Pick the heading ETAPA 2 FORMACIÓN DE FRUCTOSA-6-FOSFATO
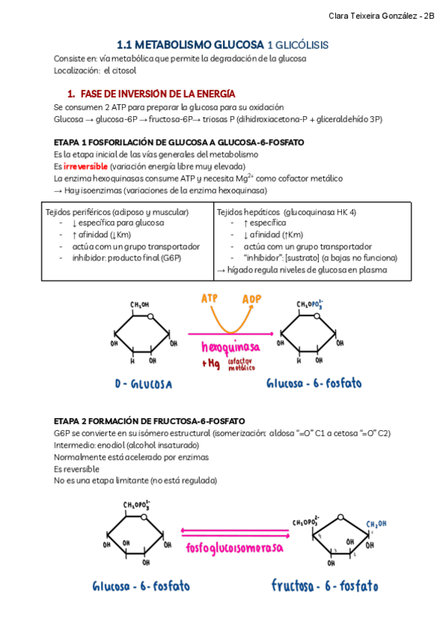tap(149, 420)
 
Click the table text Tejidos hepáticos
tap(248, 212)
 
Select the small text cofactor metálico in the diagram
tap(242, 365)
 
